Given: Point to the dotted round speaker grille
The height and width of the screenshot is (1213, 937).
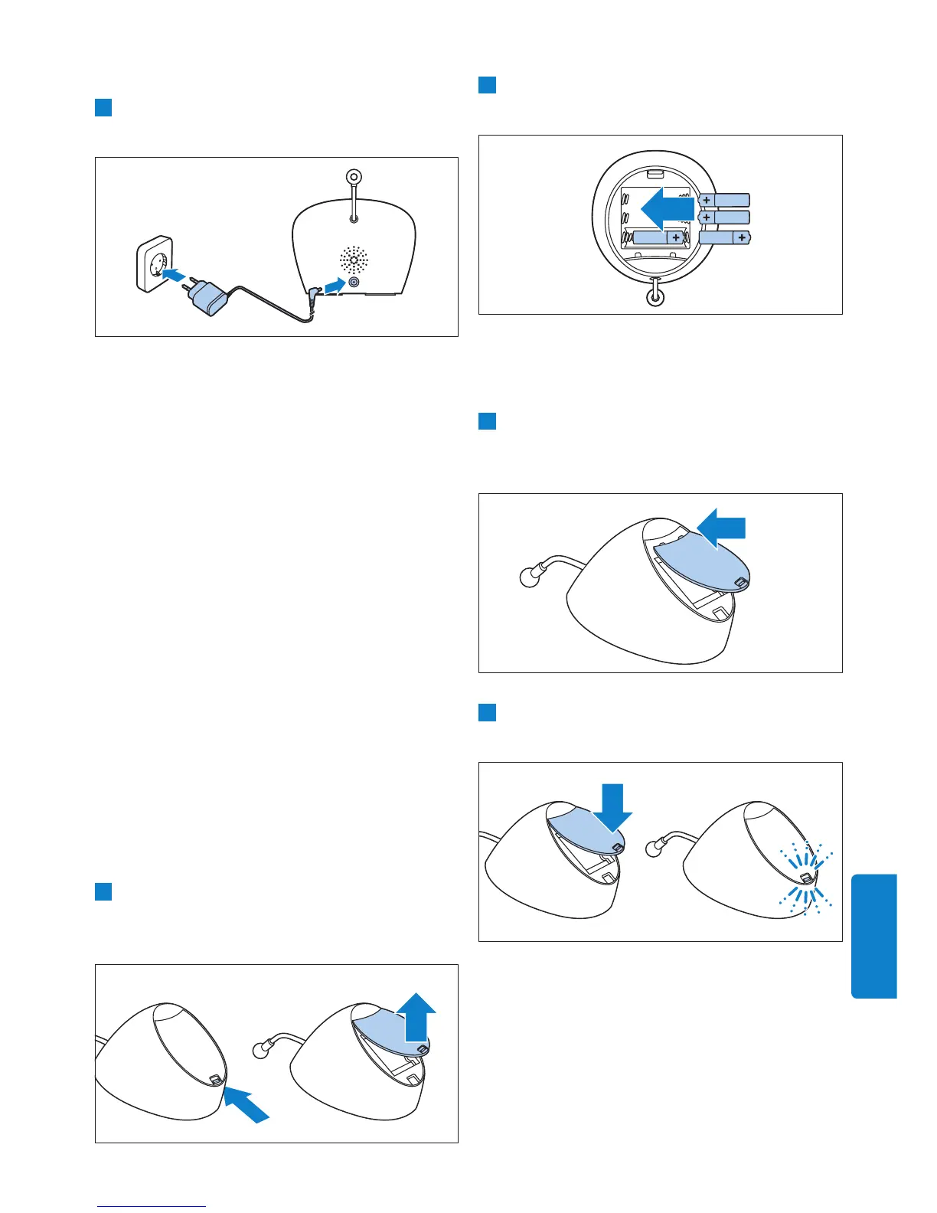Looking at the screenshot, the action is [x=354, y=260].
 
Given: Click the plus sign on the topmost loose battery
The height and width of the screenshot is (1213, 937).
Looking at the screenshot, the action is [x=706, y=200].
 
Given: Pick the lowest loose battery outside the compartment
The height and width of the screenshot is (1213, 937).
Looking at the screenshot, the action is [x=725, y=238].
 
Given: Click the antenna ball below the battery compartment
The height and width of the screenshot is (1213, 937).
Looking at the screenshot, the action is [x=655, y=295].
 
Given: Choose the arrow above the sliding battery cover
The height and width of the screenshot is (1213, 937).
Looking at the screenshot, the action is [x=722, y=528].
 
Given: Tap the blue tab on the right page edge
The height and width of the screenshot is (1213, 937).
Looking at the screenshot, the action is [x=873, y=936].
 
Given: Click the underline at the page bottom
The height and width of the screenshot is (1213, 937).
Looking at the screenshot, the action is [x=152, y=1206].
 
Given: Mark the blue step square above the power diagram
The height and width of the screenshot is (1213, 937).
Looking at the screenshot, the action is [x=103, y=107].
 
